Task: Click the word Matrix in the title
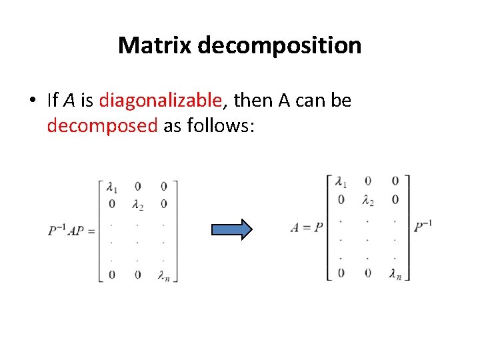pyautogui.click(x=155, y=45)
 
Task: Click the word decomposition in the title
pyautogui.click(x=279, y=45)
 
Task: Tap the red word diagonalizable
pyautogui.click(x=160, y=101)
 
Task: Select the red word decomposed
pyautogui.click(x=102, y=125)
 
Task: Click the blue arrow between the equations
pyautogui.click(x=231, y=229)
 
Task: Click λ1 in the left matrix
pyautogui.click(x=111, y=187)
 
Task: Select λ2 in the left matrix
pyautogui.click(x=137, y=204)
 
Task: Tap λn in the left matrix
pyautogui.click(x=164, y=275)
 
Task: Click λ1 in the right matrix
pyautogui.click(x=341, y=181)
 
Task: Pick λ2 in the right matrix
pyautogui.click(x=367, y=199)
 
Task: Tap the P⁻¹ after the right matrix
pyautogui.click(x=423, y=227)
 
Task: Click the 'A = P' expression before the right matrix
pyautogui.click(x=306, y=227)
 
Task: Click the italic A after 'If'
pyautogui.click(x=69, y=101)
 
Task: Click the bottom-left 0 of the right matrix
pyautogui.click(x=341, y=271)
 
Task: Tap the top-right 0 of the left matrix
pyautogui.click(x=164, y=187)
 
